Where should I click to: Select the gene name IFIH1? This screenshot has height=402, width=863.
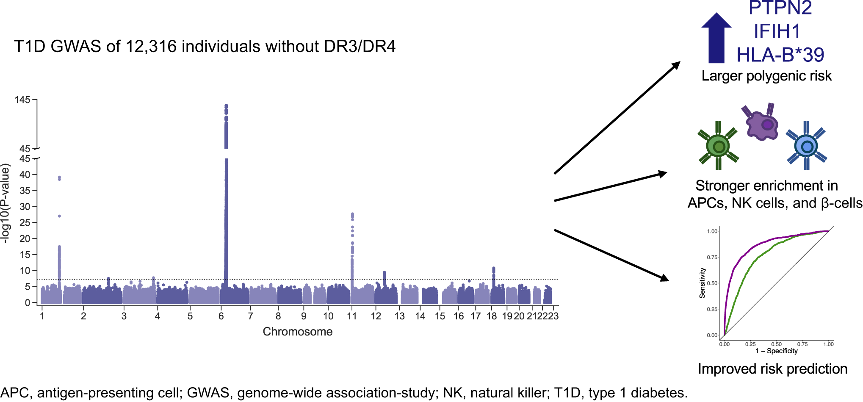[x=777, y=32]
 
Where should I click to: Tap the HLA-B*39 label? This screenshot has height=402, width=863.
[x=780, y=55]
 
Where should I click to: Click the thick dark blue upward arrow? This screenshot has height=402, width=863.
[x=716, y=38]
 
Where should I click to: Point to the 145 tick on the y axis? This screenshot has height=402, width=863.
[x=22, y=100]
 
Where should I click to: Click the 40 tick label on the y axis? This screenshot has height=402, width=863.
[x=25, y=175]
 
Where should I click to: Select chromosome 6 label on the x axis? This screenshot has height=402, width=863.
[x=221, y=316]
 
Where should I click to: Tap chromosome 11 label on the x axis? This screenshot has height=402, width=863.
[x=351, y=316]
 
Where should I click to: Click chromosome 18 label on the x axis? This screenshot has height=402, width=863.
[x=492, y=316]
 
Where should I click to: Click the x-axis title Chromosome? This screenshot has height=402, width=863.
[x=297, y=332]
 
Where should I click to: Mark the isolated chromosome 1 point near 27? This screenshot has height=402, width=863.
[x=59, y=216]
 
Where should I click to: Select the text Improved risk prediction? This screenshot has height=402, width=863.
[x=772, y=369]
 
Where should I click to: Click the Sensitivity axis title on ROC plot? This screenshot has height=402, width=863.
[x=702, y=283]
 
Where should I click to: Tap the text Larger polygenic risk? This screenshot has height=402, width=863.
[x=766, y=76]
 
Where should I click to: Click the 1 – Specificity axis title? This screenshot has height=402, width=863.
[x=776, y=351]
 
